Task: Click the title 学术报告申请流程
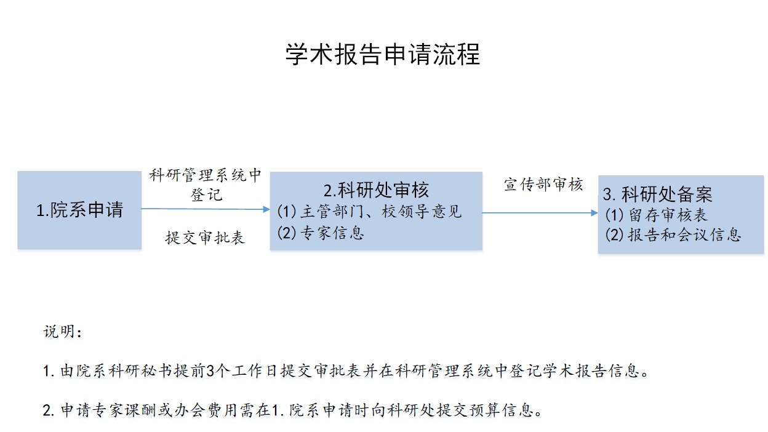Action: coord(383,54)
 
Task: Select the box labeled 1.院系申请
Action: coord(79,210)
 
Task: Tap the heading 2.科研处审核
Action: coord(376,190)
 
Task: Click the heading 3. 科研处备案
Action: coord(657,194)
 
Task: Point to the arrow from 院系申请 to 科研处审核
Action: coord(206,209)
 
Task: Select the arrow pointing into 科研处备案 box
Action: coord(540,213)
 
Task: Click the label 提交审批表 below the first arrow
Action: coord(205,238)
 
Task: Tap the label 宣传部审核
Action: coord(543,185)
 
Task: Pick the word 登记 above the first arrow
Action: coord(206,194)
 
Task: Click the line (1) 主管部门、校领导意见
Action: coord(369,211)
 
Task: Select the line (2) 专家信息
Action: coord(320,233)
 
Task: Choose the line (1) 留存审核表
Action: coord(656,215)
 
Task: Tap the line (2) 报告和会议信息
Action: coord(673,235)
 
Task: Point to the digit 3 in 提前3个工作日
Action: coord(210,371)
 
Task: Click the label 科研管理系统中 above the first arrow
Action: coord(206,175)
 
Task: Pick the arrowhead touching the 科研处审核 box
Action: coord(266,209)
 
